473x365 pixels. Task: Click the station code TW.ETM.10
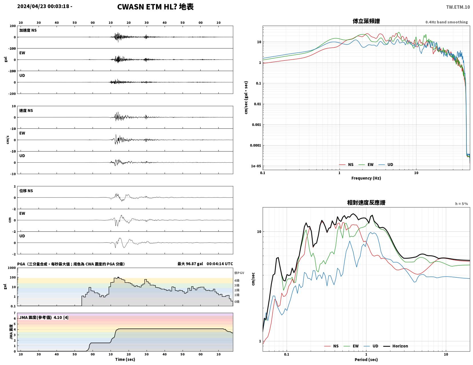(458, 7)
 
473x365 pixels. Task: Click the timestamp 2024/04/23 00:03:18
(43, 6)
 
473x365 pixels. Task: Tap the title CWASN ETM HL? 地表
(155, 7)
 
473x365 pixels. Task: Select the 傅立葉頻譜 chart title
(366, 21)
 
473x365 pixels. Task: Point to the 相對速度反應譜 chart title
(366, 203)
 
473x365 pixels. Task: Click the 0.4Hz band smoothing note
(446, 22)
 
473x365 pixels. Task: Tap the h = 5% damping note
(462, 203)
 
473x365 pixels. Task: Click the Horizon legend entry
(396, 346)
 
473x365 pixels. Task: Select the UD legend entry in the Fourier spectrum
(386, 164)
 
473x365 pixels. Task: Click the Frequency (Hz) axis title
(366, 178)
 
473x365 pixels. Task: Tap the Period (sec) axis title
(366, 360)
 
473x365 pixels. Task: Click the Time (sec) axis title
(125, 359)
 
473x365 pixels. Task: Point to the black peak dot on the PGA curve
(118, 277)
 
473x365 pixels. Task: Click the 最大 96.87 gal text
(190, 264)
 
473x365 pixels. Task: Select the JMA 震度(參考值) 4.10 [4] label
(44, 317)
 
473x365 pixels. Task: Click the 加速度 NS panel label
(28, 30)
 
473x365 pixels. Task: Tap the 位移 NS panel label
(26, 191)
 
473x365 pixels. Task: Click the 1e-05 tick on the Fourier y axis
(256, 166)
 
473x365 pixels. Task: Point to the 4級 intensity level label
(237, 281)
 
